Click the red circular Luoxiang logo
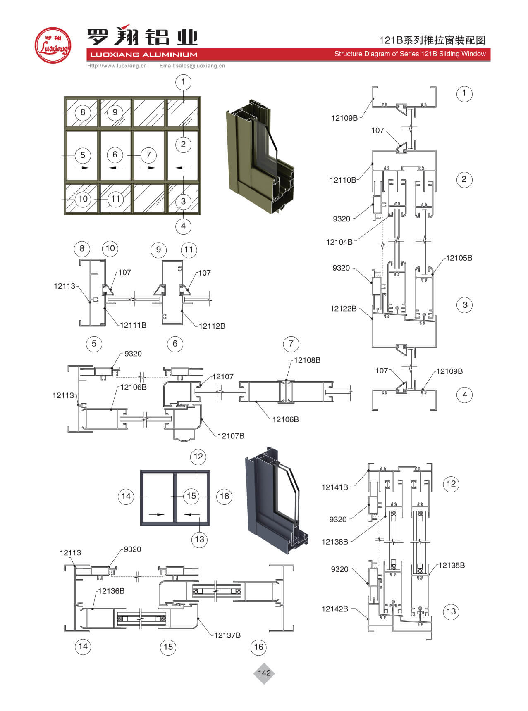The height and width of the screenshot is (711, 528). point(53,45)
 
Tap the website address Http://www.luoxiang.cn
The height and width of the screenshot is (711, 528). point(117,66)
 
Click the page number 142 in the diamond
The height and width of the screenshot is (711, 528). point(264,673)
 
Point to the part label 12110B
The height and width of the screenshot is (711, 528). point(343,180)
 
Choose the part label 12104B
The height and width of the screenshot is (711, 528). point(339,242)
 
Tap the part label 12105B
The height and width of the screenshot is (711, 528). point(459,258)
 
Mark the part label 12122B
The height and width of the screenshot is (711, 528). point(343,309)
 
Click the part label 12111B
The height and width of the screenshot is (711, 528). point(133,326)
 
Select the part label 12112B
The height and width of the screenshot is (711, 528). point(212,326)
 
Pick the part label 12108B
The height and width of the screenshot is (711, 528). point(307,361)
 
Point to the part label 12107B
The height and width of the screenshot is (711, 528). point(231,436)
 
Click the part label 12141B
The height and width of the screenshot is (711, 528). point(335,487)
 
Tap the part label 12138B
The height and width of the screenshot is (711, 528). point(335,542)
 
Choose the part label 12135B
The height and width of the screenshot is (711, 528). point(452,566)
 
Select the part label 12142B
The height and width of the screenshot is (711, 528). point(335,609)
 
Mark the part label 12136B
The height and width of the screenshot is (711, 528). point(111,591)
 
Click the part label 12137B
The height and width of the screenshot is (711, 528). point(227,635)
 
